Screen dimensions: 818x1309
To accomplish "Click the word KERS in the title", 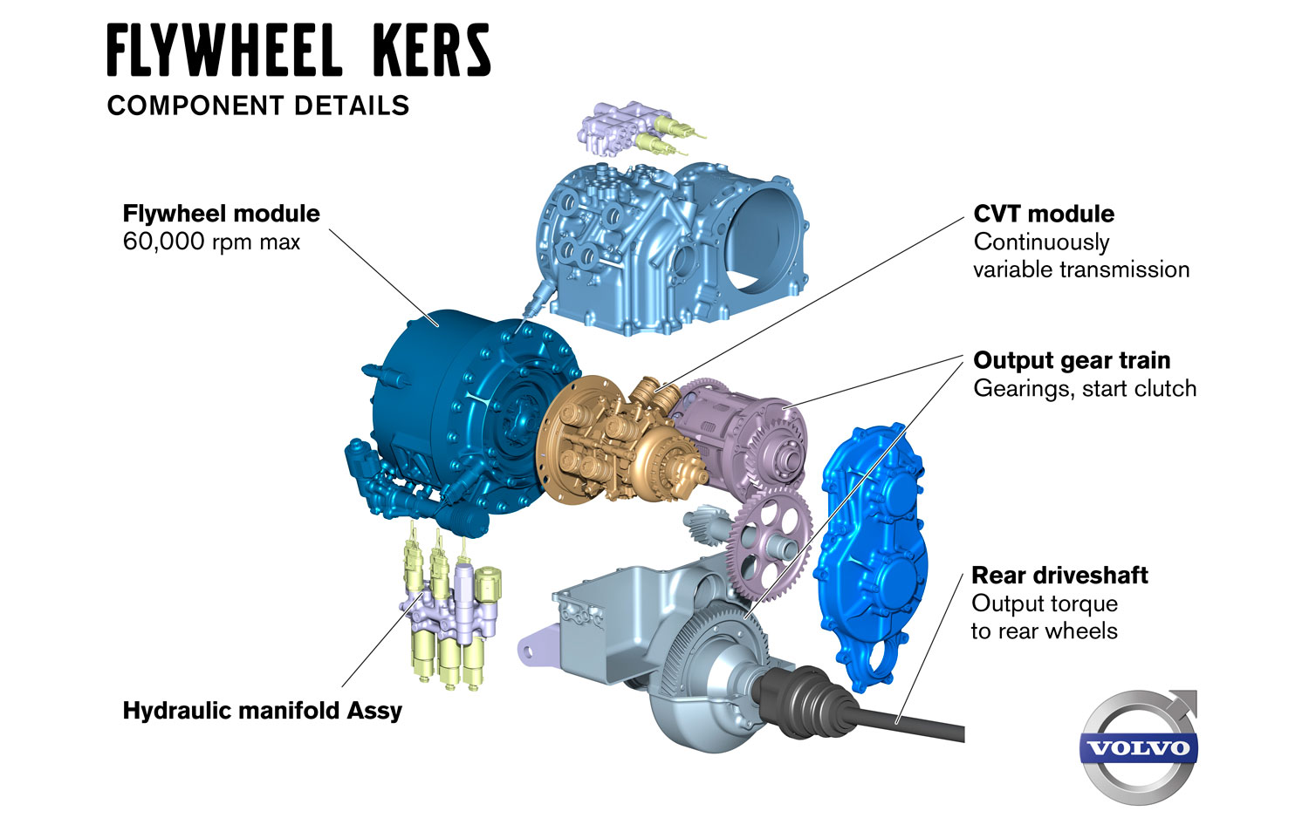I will click(431, 51).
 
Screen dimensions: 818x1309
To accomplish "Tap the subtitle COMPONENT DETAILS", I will click(258, 106).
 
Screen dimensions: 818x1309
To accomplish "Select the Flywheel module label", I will click(221, 214).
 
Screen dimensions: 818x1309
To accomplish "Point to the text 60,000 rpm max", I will click(211, 242).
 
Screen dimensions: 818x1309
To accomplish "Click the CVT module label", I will click(1044, 214).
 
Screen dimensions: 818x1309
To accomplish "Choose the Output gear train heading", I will click(1072, 360).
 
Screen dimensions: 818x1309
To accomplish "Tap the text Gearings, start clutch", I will click(1085, 388).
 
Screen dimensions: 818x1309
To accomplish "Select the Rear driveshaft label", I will click(1059, 576).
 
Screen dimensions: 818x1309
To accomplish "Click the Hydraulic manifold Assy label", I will click(263, 710).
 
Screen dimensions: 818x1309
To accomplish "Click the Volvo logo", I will click(1139, 746).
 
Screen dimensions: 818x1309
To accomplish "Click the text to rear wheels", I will click(1044, 631).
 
